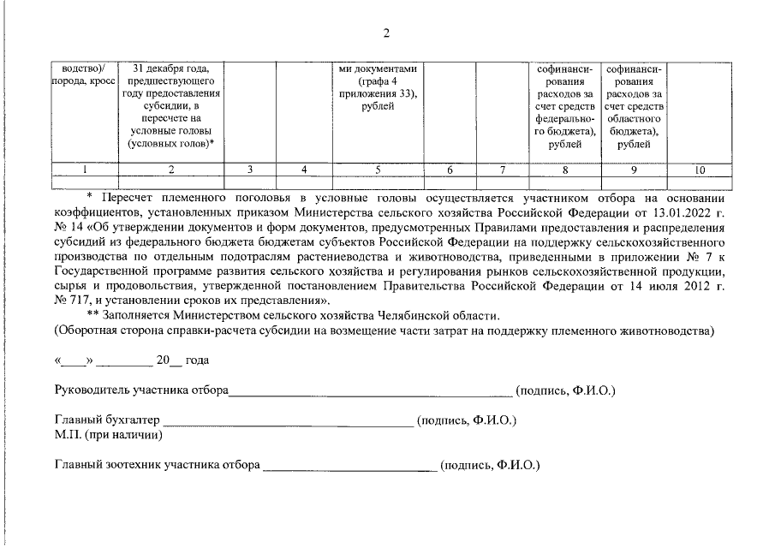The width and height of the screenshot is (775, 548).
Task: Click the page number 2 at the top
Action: [x=387, y=33]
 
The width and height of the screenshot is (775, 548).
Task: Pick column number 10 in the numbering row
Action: [x=700, y=170]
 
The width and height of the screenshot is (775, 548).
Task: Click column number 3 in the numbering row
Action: [x=249, y=170]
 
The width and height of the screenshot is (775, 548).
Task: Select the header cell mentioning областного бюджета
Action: [x=634, y=105]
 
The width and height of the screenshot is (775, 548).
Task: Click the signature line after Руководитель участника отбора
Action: [x=370, y=394]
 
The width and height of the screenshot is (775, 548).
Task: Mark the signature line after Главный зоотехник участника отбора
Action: [x=350, y=468]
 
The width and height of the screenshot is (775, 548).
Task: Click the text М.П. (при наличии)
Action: [x=109, y=435]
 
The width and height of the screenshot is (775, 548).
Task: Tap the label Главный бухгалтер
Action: [x=107, y=421]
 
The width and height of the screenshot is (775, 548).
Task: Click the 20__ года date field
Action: [x=176, y=360]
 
